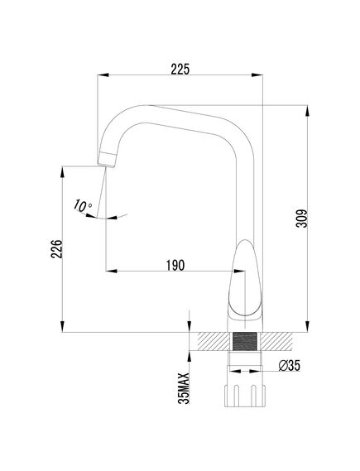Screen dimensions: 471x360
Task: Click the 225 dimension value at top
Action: [180, 70]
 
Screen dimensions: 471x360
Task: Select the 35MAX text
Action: [184, 387]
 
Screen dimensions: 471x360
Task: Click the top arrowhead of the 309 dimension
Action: [308, 108]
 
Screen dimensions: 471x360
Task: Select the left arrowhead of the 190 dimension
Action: [108, 272]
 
